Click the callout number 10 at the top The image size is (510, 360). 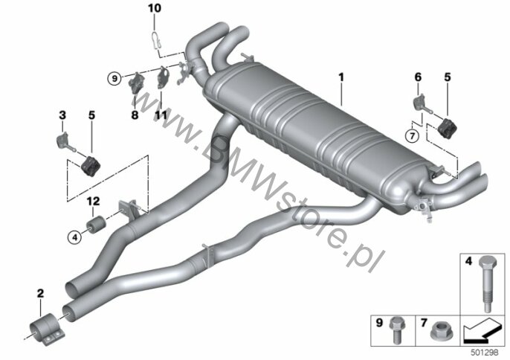pos(155,8)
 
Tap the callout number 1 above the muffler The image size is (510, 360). pos(340,77)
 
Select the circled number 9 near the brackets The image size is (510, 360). pos(114,78)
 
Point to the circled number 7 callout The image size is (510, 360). pos(412,135)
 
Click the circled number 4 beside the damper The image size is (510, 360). pos(75,237)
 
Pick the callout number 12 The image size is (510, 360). pos(93,201)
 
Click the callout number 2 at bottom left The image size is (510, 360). pos(40,293)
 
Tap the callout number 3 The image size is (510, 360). pos(62,115)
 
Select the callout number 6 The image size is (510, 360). pos(418,77)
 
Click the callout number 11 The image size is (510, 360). pos(161,115)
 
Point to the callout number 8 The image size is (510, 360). pos(135,115)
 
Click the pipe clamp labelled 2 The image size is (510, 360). pos(46,330)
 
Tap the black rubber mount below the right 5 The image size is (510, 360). pos(447,128)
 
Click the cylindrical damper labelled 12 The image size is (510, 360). pos(95,225)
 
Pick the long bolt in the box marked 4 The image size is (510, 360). pos(487,283)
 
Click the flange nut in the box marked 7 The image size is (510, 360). pos(439,330)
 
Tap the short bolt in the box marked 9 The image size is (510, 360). pos(396,330)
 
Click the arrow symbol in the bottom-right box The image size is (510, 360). pos(482,331)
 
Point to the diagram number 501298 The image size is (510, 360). pos(485,353)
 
